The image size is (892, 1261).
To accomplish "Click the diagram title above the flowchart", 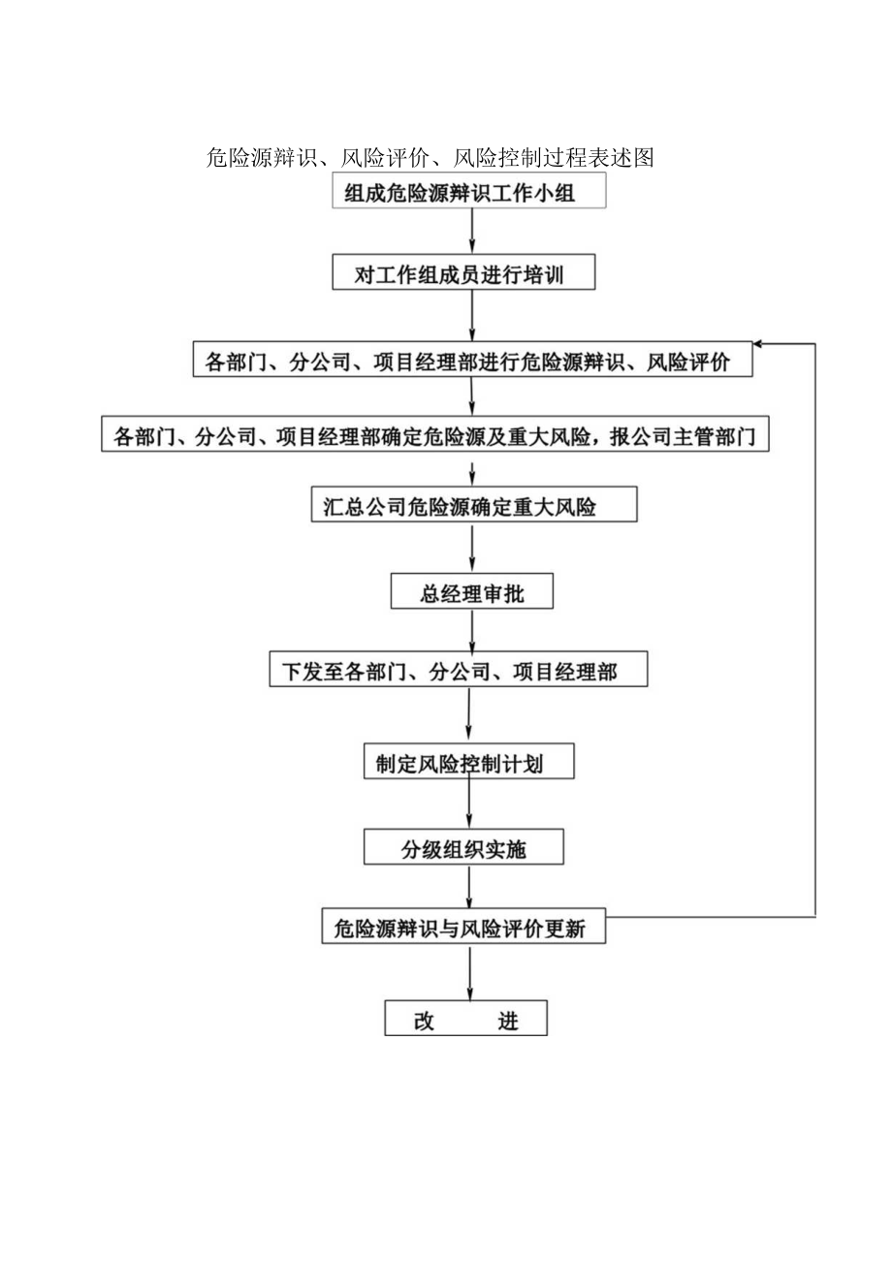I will tap(430, 157).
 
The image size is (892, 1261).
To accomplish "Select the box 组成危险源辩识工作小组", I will tap(470, 191).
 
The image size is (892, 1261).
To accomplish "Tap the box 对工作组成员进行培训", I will tap(463, 274).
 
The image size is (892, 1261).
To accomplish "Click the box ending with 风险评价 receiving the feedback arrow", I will tap(473, 361).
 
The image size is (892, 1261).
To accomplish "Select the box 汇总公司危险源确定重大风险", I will tap(474, 505).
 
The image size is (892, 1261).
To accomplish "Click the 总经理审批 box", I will tap(472, 592).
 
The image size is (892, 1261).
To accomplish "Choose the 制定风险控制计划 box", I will tap(468, 762).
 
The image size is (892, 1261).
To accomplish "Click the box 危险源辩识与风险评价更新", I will tap(463, 929).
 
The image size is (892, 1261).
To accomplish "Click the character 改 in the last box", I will tap(425, 1021).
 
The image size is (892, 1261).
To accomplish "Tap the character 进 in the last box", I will tap(508, 1021).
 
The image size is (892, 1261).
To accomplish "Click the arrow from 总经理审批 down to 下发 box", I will tap(472, 630).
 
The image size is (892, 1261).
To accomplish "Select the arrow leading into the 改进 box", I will tap(470, 974).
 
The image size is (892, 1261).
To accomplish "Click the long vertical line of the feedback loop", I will tap(814, 630).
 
